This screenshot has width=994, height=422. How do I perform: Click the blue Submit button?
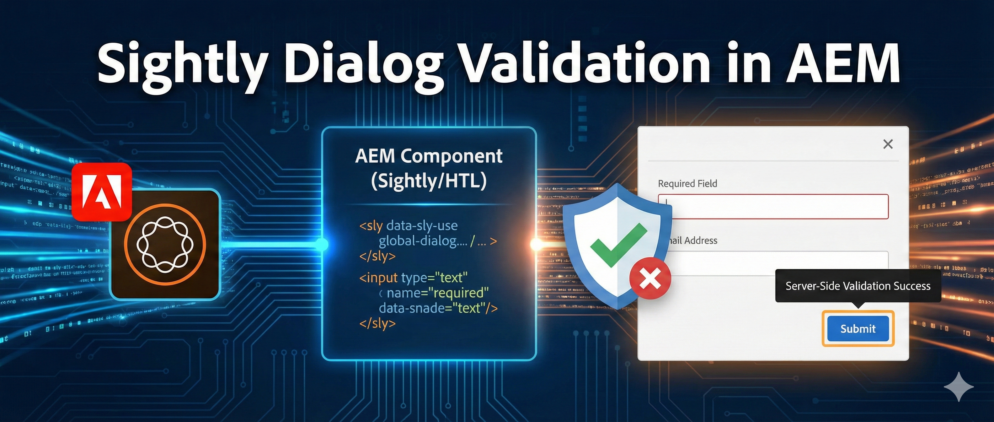pos(858,328)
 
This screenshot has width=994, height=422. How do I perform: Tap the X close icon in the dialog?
pos(888,144)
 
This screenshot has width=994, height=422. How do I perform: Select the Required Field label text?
pos(687,183)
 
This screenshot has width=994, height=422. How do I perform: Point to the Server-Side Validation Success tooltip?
pos(858,286)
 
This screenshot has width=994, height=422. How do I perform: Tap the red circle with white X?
pos(650,279)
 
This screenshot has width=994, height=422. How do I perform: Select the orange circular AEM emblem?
pos(165,244)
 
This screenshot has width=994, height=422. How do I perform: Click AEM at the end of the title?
pos(843,64)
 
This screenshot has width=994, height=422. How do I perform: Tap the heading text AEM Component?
pos(428,156)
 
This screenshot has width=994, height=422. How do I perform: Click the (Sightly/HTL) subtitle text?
pos(428,181)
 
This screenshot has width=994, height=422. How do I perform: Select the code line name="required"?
pos(437,293)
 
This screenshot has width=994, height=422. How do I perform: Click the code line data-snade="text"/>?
pos(438,308)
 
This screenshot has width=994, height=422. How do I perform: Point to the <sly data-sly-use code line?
pos(408,225)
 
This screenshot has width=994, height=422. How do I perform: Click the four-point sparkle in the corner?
pos(959,387)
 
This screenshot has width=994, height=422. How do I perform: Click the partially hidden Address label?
pos(694,241)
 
